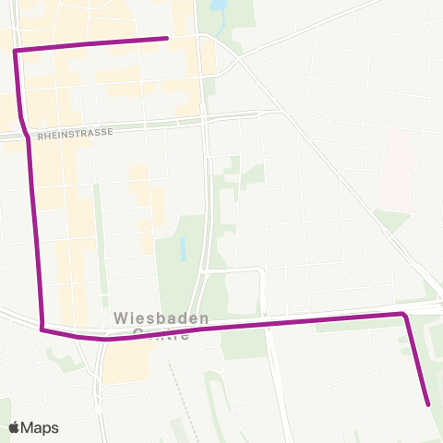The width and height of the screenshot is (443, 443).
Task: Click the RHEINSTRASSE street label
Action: (75, 133)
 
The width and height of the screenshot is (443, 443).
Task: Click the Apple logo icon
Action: (15, 427)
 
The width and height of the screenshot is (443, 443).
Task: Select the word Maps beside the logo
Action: (41, 427)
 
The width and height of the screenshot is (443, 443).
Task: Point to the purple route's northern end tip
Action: (166, 38)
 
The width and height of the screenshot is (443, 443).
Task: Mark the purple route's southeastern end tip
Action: (428, 403)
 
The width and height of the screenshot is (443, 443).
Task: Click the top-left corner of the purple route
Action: (16, 51)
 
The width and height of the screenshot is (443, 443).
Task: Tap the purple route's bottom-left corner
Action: (42, 327)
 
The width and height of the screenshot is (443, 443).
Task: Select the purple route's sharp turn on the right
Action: (403, 315)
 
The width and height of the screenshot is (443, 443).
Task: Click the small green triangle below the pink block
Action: (392, 221)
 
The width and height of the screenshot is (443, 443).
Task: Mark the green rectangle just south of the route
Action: (243, 342)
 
